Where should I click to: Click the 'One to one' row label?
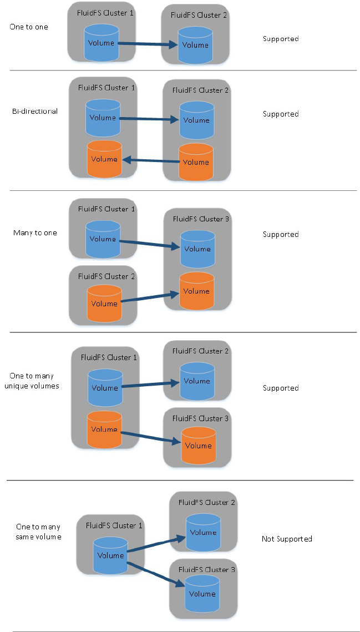click(x=29, y=27)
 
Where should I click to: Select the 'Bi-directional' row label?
click(x=35, y=111)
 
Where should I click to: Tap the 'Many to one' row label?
click(x=35, y=232)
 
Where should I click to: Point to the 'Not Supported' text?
click(x=287, y=539)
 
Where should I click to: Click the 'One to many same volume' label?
click(x=38, y=532)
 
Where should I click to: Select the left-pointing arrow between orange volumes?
click(x=150, y=160)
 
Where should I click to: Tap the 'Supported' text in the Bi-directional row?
click(x=281, y=114)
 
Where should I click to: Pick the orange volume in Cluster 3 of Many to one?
click(x=197, y=291)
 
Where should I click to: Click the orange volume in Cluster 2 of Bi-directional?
click(x=196, y=162)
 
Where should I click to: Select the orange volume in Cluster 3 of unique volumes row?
click(x=198, y=446)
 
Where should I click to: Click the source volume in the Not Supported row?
click(x=110, y=555)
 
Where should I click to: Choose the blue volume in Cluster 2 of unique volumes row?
click(x=196, y=381)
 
